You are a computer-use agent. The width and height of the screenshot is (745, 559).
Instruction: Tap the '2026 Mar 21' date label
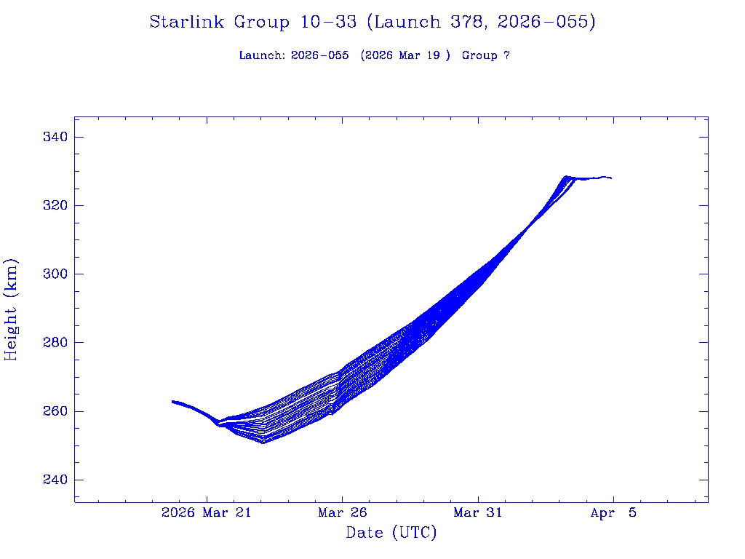click(x=206, y=513)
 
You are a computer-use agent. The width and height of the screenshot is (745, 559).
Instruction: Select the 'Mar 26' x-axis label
click(x=342, y=513)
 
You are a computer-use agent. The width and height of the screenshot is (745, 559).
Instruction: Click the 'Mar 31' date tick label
click(x=477, y=513)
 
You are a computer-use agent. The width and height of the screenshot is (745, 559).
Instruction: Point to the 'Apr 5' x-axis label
click(x=613, y=513)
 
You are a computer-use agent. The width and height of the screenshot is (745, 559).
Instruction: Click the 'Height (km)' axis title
click(x=12, y=309)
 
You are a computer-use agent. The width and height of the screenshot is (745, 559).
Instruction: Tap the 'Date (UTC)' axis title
click(x=391, y=534)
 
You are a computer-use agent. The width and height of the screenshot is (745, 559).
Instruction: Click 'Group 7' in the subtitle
click(x=486, y=56)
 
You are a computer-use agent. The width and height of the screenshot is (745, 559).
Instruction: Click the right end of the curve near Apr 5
click(x=610, y=178)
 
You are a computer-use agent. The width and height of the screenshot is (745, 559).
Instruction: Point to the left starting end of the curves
click(x=173, y=401)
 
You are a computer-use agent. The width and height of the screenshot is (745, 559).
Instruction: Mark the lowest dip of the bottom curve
click(x=263, y=443)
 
